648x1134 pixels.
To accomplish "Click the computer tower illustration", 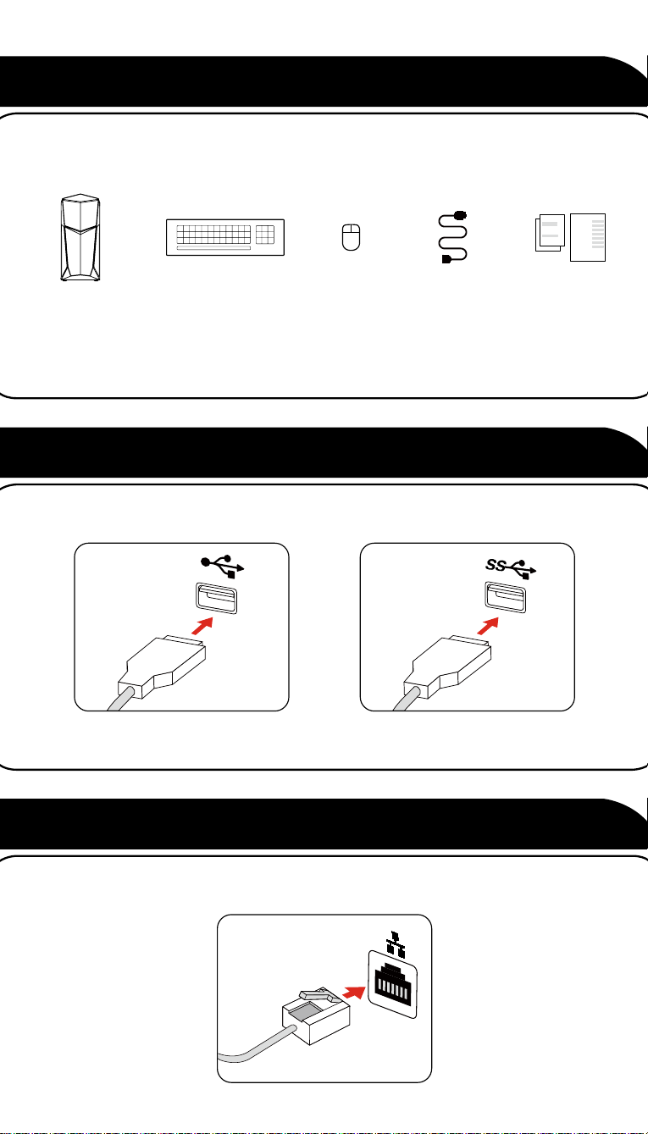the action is tap(80, 237).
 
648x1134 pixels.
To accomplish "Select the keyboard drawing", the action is tap(225, 237).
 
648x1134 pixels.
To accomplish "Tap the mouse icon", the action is tap(351, 237).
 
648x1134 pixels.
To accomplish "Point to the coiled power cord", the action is tap(453, 237).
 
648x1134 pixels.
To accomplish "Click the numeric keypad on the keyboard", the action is tap(265, 235).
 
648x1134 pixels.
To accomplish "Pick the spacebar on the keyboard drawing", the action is tap(213, 248).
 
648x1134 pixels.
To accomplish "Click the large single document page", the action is tap(588, 237).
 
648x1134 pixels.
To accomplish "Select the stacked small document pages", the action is tap(550, 233).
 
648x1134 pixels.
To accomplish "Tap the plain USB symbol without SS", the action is tap(223, 566).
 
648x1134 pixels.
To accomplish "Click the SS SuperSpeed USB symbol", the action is tap(511, 568).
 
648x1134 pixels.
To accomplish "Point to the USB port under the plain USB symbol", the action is tap(216, 598).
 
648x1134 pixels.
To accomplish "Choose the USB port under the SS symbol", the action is tap(505, 597).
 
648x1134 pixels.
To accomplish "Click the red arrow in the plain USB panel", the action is tap(202, 626).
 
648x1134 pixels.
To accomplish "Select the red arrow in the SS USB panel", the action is tap(488, 626).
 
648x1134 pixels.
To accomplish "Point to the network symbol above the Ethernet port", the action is tap(396, 944).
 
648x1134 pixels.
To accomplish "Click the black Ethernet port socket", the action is tap(392, 983).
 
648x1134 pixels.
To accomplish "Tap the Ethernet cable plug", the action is tap(316, 1015).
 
